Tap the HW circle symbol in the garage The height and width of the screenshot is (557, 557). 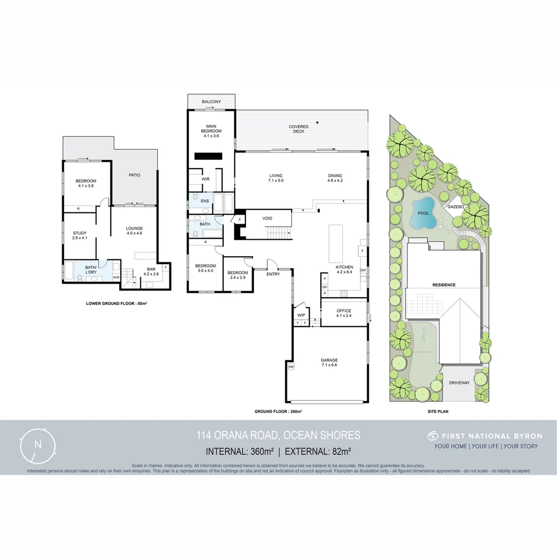pyautogui.click(x=291, y=367)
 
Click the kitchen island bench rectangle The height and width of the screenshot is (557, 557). pyautogui.click(x=336, y=243)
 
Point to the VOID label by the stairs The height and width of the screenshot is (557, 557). pyautogui.click(x=267, y=219)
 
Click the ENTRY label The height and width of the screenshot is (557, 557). pyautogui.click(x=273, y=274)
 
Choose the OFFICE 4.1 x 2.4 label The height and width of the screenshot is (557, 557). pyautogui.click(x=343, y=314)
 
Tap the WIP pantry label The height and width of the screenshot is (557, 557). pyautogui.click(x=301, y=315)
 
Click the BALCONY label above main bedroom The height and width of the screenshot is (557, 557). pyautogui.click(x=211, y=102)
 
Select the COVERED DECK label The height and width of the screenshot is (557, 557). pyautogui.click(x=299, y=129)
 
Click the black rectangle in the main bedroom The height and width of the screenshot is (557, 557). pyautogui.click(x=208, y=156)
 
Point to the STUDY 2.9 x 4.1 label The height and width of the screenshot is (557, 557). pyautogui.click(x=79, y=236)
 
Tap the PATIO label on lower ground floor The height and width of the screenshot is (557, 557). pyautogui.click(x=134, y=175)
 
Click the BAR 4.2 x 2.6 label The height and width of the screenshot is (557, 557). pyautogui.click(x=151, y=271)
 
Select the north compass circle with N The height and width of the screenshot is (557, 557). pyautogui.click(x=38, y=445)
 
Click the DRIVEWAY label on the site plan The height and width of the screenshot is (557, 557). pyautogui.click(x=459, y=383)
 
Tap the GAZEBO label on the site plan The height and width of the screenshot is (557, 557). pyautogui.click(x=456, y=206)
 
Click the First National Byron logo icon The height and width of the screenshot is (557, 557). pyautogui.click(x=433, y=436)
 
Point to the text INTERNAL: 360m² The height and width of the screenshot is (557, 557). pyautogui.click(x=240, y=451)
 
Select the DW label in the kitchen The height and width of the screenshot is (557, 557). pyautogui.click(x=363, y=270)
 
